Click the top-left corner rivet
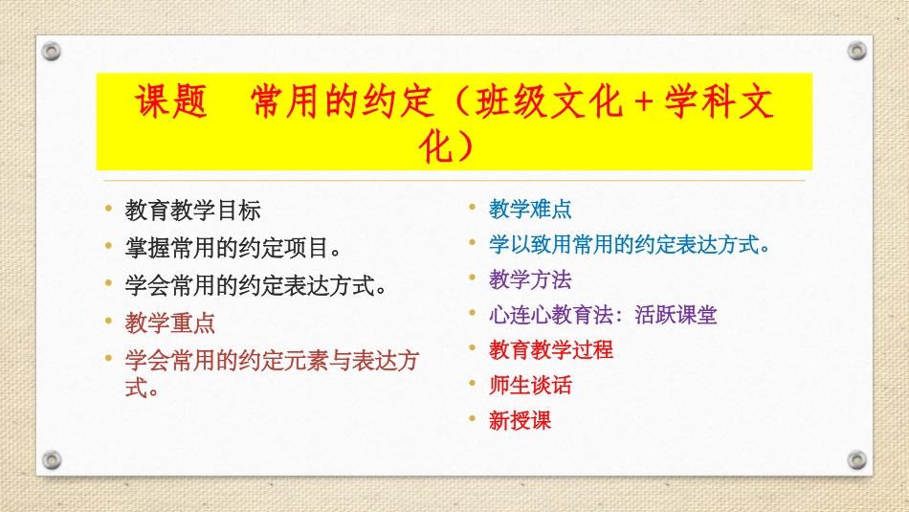point(52,50)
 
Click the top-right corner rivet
point(856,50)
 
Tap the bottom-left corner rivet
point(52,459)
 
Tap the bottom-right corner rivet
point(856,459)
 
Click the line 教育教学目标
point(192,211)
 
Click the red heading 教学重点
point(170,323)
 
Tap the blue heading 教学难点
point(530,209)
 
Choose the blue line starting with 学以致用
point(630,244)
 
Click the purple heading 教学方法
point(530,279)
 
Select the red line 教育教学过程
point(551,349)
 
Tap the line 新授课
point(520,420)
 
